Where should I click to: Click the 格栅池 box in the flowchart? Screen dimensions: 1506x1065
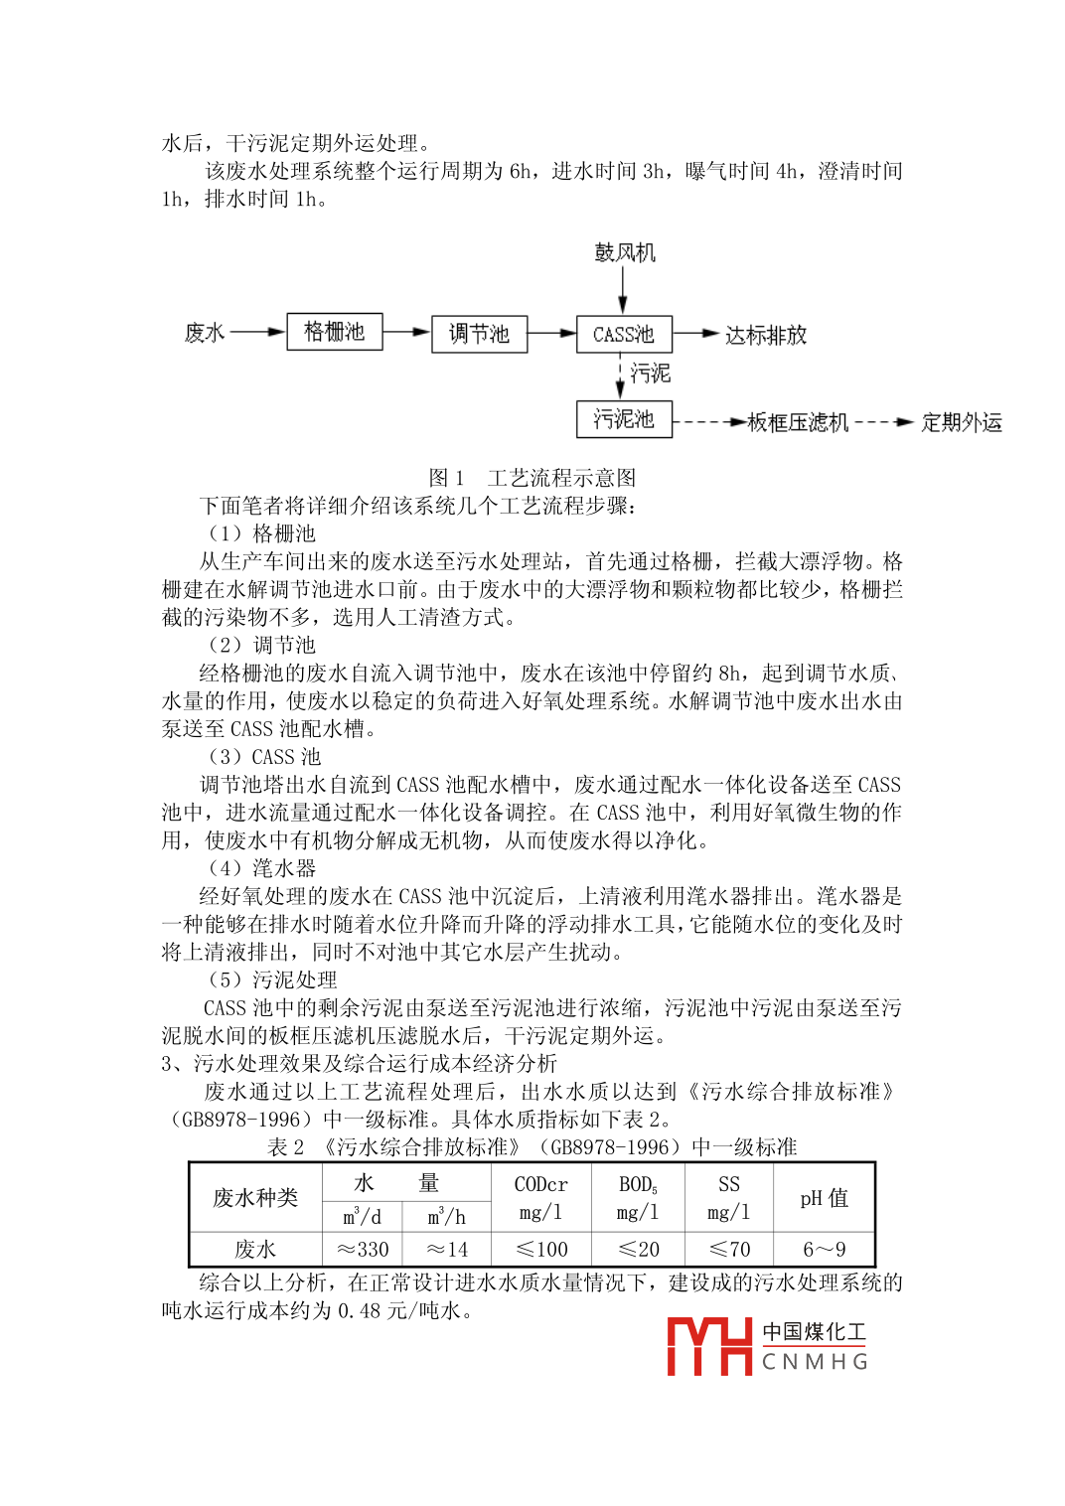(x=335, y=331)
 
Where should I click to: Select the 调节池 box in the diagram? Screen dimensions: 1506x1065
(x=479, y=334)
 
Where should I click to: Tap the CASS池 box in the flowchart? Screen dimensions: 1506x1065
(x=624, y=334)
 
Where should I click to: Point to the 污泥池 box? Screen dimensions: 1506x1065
(x=624, y=419)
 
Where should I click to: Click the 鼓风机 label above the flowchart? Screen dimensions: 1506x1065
(x=625, y=252)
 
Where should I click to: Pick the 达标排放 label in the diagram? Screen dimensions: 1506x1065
(x=766, y=335)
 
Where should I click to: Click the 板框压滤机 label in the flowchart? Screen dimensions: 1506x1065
(x=798, y=422)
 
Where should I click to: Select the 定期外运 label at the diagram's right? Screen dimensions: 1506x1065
(x=961, y=422)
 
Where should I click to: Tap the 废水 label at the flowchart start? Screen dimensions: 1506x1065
(x=205, y=332)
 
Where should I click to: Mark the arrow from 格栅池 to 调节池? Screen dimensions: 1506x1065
(x=407, y=332)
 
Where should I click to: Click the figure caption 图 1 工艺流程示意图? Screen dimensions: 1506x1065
(x=532, y=478)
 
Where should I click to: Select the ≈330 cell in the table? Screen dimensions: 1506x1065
(x=363, y=1249)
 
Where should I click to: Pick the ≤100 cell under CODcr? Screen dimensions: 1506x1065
(x=541, y=1249)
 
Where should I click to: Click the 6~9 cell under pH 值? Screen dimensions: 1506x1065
(x=824, y=1249)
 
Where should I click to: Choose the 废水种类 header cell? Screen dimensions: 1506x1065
(x=255, y=1197)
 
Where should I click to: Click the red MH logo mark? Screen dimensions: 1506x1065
(x=708, y=1346)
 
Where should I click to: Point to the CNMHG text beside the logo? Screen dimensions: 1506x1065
(x=815, y=1361)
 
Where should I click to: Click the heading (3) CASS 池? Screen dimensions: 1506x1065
(x=263, y=757)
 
